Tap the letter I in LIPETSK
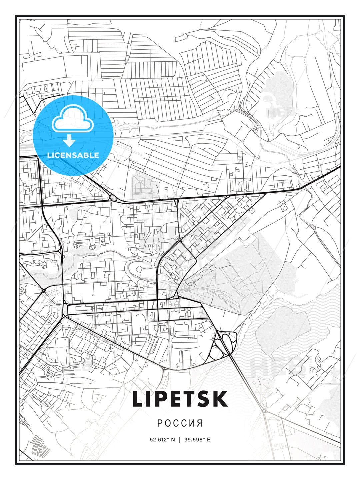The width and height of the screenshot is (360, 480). (152, 399)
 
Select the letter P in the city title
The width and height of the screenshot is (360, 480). (165, 399)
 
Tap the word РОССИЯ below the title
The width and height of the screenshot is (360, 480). (180, 423)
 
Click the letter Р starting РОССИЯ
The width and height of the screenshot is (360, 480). (160, 423)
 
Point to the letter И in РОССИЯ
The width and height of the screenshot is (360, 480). (192, 423)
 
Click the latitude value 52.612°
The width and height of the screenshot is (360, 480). (160, 440)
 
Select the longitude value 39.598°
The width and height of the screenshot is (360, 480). (195, 440)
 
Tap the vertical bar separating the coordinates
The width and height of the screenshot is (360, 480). (180, 440)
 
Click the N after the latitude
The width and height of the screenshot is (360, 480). (173, 440)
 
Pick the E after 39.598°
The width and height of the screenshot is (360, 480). (209, 440)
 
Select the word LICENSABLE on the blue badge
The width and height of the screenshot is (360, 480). (73, 155)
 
